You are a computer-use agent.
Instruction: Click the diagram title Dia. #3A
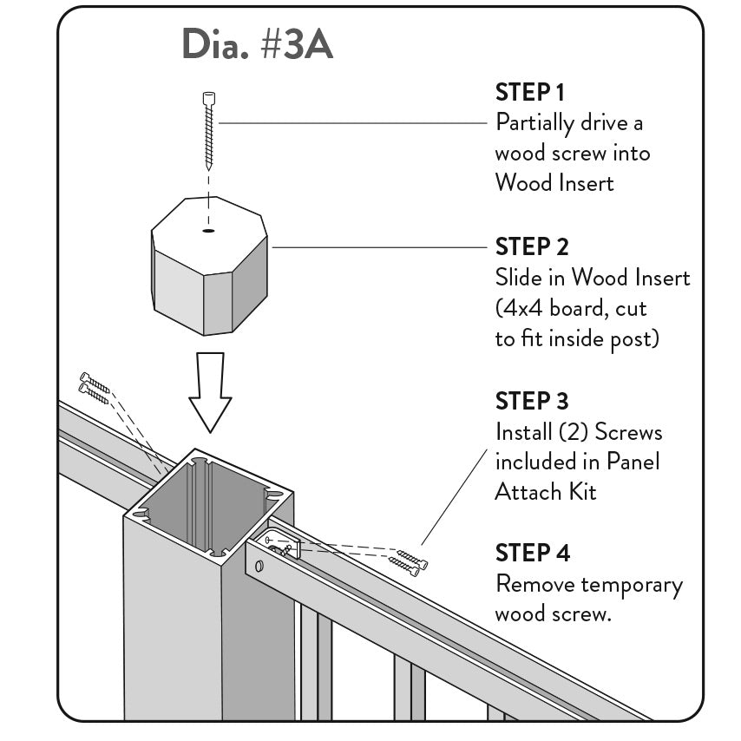[x=257, y=45]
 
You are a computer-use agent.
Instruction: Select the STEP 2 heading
[x=532, y=246]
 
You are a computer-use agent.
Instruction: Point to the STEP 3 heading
[x=532, y=401]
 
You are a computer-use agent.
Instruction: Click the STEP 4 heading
[x=533, y=553]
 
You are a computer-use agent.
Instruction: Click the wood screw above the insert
[x=208, y=130]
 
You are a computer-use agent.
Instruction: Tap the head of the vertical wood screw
[x=208, y=98]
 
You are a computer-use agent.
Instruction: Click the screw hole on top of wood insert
[x=208, y=230]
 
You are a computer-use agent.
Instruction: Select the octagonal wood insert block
[x=209, y=269]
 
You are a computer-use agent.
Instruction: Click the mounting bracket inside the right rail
[x=283, y=547]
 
